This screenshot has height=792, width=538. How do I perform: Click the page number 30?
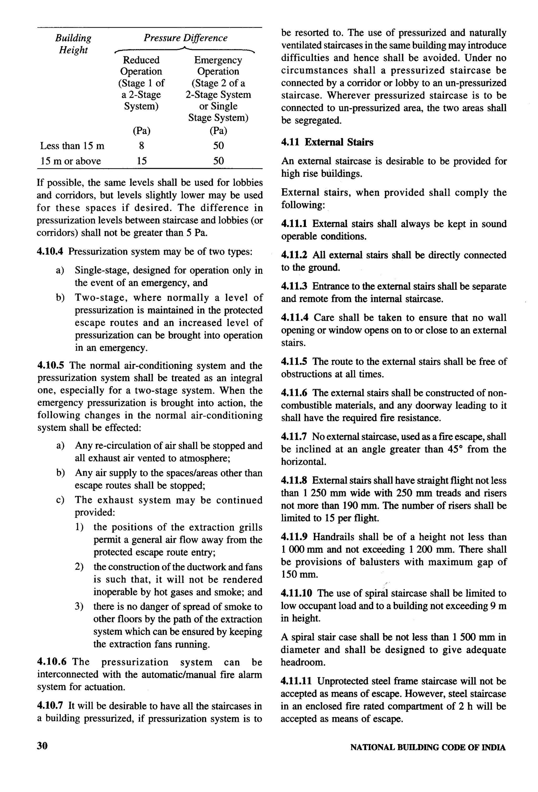(x=42, y=746)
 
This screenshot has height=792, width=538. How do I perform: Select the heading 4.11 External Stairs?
(x=327, y=142)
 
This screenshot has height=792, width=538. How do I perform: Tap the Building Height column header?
(x=73, y=44)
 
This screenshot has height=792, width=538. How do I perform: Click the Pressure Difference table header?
(x=185, y=38)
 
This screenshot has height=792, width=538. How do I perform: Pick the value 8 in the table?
(x=141, y=146)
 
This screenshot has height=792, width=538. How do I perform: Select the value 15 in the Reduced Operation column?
(x=141, y=161)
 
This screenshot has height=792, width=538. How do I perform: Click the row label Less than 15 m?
(x=72, y=146)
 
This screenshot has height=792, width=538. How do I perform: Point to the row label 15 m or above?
(x=70, y=161)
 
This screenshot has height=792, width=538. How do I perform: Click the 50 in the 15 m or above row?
(x=218, y=161)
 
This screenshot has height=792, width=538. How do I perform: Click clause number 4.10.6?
(x=51, y=662)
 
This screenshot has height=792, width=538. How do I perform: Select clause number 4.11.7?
(x=294, y=437)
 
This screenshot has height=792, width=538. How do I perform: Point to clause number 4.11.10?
(x=296, y=593)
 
